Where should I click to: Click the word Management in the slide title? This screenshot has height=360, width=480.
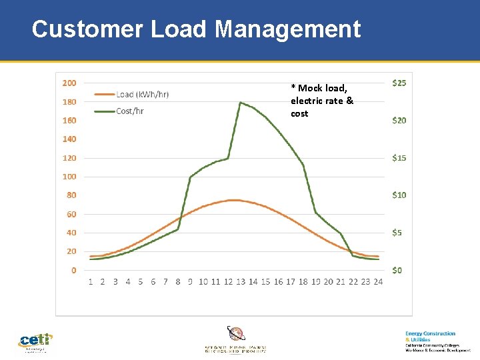click(x=287, y=29)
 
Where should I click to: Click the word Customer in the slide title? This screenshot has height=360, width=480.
click(x=87, y=29)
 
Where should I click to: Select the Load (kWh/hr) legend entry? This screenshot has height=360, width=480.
click(x=142, y=94)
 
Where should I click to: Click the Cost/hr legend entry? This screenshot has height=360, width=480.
click(x=129, y=111)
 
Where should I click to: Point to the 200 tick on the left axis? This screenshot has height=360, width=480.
click(x=69, y=83)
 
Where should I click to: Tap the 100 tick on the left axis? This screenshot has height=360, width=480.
click(x=69, y=177)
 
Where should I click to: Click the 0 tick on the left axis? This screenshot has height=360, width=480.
click(x=73, y=270)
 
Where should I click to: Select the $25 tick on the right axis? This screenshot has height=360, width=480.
click(x=399, y=83)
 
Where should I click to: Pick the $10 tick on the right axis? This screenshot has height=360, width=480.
click(x=399, y=195)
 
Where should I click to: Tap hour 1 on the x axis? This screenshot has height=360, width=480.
click(x=91, y=282)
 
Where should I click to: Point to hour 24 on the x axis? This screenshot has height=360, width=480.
click(x=378, y=282)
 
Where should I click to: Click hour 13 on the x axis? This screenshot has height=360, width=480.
click(x=241, y=282)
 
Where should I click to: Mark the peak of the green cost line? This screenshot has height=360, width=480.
click(x=241, y=103)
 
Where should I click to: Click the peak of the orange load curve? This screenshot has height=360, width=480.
click(x=233, y=200)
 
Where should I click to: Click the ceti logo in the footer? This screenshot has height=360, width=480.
click(x=35, y=341)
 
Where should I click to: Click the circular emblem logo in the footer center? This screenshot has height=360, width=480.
click(x=236, y=333)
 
